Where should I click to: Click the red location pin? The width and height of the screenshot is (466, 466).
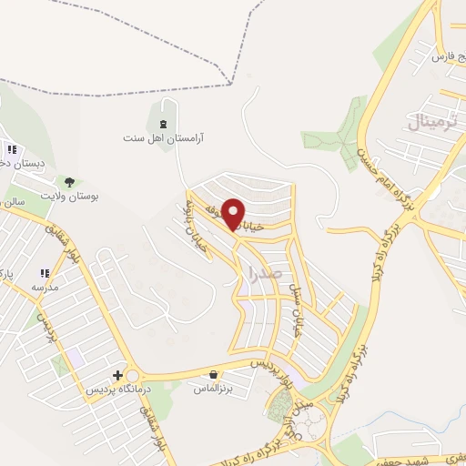coord(234,214)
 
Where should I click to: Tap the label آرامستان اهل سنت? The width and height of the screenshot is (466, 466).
coord(165,139)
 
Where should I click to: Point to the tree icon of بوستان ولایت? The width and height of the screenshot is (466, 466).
coord(69,182)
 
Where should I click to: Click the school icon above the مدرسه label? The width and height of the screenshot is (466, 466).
coord(44,273)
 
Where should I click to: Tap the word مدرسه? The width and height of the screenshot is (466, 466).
coord(45,287)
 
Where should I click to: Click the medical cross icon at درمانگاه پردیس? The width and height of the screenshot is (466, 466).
coord(116,375)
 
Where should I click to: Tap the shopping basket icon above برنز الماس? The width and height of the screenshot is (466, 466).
coord(213,374)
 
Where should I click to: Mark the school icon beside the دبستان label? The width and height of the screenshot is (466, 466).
coord(12,150)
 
